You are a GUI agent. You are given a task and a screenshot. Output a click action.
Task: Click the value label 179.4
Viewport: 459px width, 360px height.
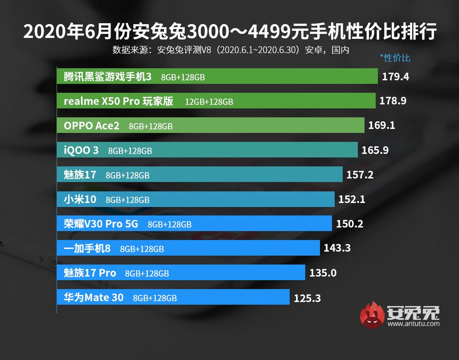(x=395, y=77)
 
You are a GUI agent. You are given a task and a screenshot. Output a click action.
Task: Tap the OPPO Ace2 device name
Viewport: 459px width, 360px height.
(x=91, y=126)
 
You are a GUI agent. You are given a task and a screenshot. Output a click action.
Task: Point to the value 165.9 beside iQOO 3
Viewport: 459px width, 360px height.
(x=375, y=150)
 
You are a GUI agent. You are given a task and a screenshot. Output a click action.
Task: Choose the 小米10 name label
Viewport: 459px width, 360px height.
(x=80, y=199)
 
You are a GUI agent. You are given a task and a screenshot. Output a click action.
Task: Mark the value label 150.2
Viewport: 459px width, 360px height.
(x=349, y=224)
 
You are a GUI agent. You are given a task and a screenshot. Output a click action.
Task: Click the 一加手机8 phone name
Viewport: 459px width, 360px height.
(x=87, y=248)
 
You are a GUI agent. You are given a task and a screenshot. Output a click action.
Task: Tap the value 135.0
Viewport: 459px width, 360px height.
(x=323, y=273)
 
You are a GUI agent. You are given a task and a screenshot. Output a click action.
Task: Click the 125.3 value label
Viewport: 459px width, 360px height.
(x=307, y=298)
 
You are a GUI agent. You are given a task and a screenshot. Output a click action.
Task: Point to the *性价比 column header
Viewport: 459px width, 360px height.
(x=395, y=58)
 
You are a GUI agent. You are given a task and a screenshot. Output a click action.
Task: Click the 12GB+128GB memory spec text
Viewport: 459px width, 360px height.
(x=209, y=102)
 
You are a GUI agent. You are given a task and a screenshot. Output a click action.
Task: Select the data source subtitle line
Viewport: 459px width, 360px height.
(x=230, y=50)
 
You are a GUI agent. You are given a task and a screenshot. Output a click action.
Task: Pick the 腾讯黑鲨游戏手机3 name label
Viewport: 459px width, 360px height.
(x=107, y=77)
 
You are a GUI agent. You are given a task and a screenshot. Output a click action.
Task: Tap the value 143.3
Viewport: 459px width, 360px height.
(x=337, y=248)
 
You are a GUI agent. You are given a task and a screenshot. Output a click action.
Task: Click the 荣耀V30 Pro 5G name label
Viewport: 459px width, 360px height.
(x=101, y=224)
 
